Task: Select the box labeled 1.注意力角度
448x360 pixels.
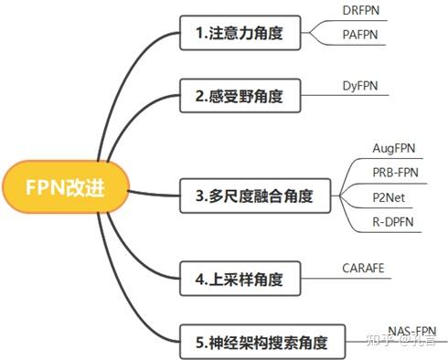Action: click(239, 35)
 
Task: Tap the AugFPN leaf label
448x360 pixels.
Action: click(395, 147)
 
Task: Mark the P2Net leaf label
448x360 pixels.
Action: click(390, 197)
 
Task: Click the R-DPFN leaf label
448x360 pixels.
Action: click(395, 222)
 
